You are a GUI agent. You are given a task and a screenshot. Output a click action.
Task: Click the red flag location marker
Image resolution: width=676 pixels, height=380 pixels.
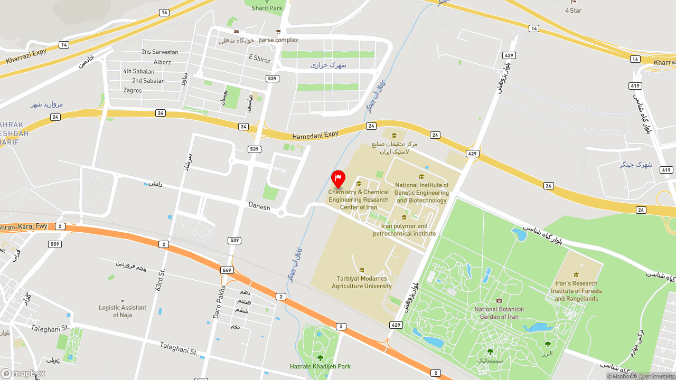click(338, 179)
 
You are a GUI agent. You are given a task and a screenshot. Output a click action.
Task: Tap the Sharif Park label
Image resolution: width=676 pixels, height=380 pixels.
click(267, 8)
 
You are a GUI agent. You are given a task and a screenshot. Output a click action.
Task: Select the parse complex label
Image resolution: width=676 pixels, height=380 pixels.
click(278, 40)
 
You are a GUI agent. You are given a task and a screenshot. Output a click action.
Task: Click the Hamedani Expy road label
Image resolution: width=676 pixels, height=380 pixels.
click(315, 135)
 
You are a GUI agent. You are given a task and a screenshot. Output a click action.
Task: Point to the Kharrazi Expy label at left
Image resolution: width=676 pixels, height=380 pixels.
click(26, 56)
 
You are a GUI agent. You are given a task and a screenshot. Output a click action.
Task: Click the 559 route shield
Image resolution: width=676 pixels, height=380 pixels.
click(55, 244)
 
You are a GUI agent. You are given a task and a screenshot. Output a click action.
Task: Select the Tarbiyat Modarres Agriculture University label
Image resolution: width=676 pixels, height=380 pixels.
click(362, 282)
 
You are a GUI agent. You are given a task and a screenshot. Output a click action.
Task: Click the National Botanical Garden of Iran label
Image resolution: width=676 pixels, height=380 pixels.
click(499, 313)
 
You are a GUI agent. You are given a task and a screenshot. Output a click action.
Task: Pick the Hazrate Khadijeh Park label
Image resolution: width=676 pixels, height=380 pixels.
click(320, 366)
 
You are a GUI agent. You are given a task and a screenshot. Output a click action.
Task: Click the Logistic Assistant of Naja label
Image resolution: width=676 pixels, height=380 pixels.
click(123, 311)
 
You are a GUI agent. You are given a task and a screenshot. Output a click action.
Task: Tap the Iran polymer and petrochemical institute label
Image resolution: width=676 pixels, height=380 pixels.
click(405, 230)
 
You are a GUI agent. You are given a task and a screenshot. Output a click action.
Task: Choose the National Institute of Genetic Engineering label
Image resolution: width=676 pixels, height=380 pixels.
click(421, 193)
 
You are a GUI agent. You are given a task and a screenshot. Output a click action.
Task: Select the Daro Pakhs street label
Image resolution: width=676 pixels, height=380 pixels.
click(220, 302)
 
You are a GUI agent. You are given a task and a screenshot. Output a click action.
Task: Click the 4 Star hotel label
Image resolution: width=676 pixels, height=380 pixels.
click(574, 10)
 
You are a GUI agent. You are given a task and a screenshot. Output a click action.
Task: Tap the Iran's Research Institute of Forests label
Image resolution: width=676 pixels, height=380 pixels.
click(576, 291)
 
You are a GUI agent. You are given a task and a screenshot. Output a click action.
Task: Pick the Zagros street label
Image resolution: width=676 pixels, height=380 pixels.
click(133, 90)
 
